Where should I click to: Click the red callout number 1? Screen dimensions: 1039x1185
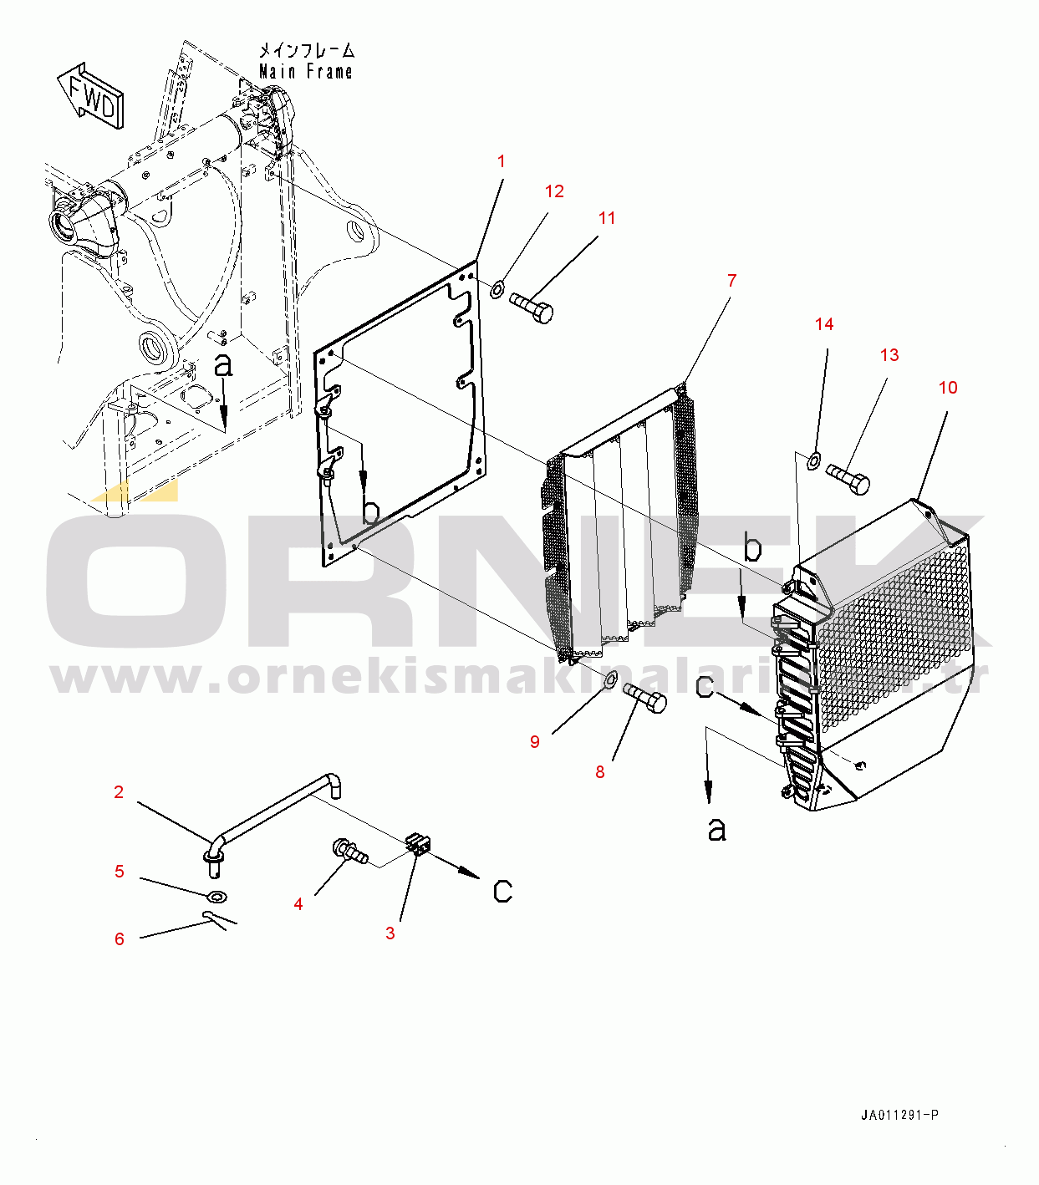click(x=502, y=161)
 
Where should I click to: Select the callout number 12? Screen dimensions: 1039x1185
click(x=554, y=191)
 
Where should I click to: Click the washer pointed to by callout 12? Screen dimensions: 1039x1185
click(x=497, y=290)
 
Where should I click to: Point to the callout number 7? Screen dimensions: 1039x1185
click(x=731, y=281)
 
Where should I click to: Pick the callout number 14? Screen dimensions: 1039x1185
click(x=824, y=324)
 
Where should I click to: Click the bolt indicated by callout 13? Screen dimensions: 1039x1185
click(x=848, y=479)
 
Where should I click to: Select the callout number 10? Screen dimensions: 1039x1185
click(x=947, y=388)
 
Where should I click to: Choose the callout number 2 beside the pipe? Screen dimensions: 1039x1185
click(x=119, y=792)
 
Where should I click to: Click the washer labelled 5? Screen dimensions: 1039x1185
click(x=216, y=898)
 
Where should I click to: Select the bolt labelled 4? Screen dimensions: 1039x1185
click(x=351, y=852)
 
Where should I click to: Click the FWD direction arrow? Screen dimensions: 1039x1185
click(x=91, y=95)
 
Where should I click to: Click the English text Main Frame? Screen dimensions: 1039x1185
click(x=305, y=72)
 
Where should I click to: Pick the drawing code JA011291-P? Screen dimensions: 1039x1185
click(x=900, y=1116)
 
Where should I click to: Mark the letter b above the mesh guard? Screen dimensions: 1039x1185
click(x=753, y=548)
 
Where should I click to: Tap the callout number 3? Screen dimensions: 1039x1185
click(x=390, y=933)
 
